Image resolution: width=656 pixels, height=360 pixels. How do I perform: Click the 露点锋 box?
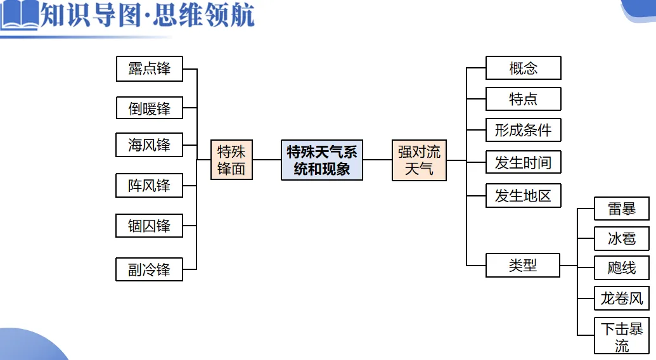tap(150, 68)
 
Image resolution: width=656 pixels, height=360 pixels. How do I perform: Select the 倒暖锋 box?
tap(150, 108)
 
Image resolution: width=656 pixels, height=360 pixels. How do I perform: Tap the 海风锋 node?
tap(150, 145)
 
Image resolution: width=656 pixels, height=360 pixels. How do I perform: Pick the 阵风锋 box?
tap(150, 185)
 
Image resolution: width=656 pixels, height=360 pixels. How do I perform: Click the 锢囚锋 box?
tap(150, 226)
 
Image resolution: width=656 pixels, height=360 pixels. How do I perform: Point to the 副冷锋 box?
tap(150, 269)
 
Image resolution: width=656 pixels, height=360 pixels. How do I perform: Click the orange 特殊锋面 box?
tap(231, 160)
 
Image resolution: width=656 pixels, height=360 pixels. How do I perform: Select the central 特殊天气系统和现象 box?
tap(322, 160)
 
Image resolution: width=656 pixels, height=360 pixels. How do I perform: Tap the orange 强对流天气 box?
tap(419, 160)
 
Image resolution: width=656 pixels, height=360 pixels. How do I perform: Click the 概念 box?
tap(523, 68)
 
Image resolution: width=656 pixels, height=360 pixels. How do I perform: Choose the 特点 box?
tap(523, 99)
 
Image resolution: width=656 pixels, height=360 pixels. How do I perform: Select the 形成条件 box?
tap(523, 131)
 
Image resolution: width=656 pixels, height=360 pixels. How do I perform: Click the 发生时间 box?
tap(523, 163)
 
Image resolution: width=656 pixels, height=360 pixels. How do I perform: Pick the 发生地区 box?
tap(523, 196)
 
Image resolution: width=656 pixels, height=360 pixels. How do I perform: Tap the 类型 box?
tap(523, 266)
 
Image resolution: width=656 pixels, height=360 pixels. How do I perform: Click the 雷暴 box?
tap(621, 209)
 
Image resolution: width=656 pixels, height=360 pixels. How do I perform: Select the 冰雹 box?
tap(621, 239)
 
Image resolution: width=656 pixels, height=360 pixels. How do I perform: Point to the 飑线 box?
tap(621, 268)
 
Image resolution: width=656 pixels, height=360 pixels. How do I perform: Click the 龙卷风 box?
tap(621, 298)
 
